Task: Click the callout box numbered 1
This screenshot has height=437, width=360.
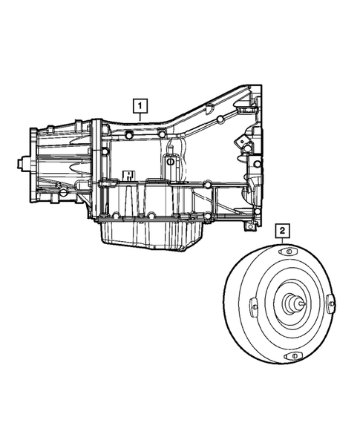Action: [139, 106]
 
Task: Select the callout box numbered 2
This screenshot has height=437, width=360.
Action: [283, 231]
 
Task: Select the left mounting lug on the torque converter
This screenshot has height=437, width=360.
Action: [253, 306]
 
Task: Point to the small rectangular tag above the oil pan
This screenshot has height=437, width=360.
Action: [128, 177]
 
